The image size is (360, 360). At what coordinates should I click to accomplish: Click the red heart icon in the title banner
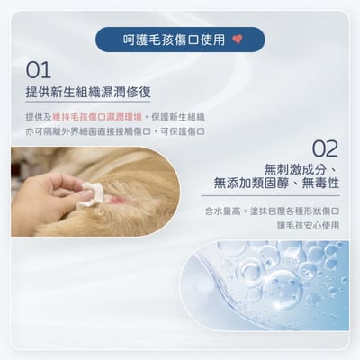tap(237, 40)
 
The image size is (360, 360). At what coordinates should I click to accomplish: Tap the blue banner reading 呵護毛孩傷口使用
tap(179, 40)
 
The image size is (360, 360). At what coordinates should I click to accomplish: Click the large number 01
tap(39, 71)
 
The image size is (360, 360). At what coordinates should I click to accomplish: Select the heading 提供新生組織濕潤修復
tap(89, 93)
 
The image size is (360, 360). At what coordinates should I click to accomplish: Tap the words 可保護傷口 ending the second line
tap(188, 131)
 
